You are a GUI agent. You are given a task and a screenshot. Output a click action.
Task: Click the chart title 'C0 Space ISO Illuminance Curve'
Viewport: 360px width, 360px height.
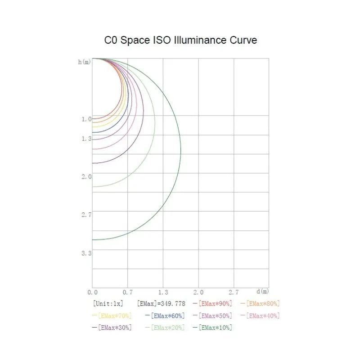(x=180, y=40)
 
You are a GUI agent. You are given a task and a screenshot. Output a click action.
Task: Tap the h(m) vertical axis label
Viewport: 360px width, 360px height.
(x=84, y=62)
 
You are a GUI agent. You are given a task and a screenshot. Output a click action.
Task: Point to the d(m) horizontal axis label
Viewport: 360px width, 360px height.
(x=262, y=292)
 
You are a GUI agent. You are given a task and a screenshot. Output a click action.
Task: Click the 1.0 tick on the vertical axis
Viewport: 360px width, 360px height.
(x=86, y=119)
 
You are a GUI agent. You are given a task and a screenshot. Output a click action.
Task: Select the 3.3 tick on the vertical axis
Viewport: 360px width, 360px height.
(x=86, y=253)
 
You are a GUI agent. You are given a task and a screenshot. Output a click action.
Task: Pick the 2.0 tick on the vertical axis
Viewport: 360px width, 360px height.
(x=86, y=177)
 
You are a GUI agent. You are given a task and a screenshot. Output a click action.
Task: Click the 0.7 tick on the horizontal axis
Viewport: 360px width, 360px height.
(x=128, y=292)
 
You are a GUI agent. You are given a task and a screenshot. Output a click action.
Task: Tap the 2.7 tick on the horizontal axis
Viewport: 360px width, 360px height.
(x=234, y=292)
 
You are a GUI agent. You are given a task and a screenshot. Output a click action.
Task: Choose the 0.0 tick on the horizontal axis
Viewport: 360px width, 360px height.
(x=92, y=292)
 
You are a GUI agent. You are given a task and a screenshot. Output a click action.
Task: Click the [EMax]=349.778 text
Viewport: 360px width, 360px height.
(x=161, y=304)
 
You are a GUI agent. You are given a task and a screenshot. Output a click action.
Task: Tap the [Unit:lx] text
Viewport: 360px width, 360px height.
(x=108, y=304)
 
